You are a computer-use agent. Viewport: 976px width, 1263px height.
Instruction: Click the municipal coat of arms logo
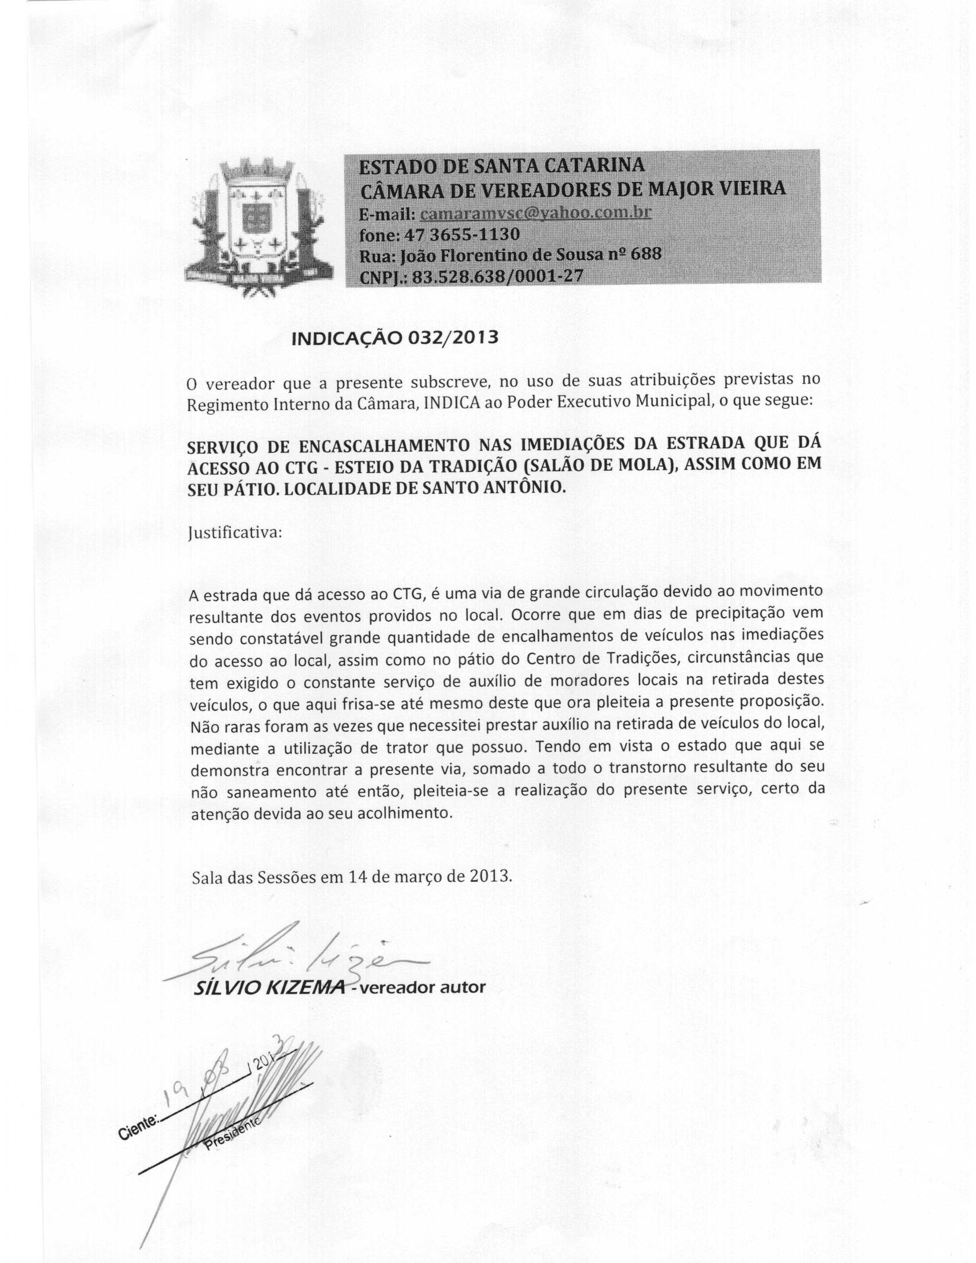[258, 227]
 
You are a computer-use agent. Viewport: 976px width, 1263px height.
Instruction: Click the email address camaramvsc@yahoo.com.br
[536, 214]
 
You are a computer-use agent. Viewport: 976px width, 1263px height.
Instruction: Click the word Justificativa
[235, 533]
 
